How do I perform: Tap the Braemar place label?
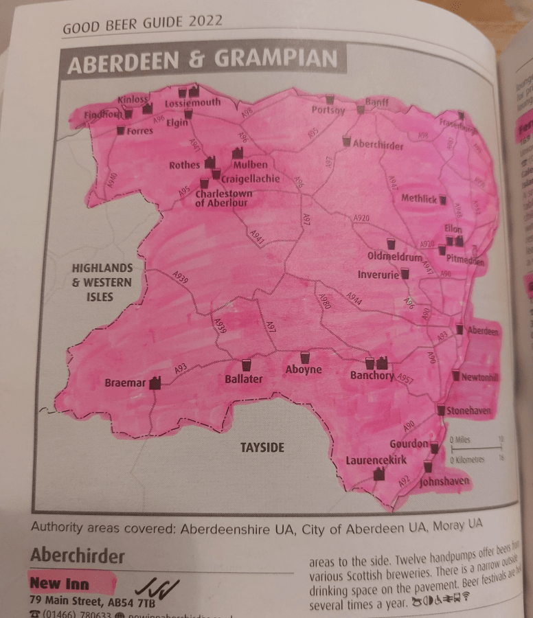[x=124, y=383]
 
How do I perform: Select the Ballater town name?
[x=244, y=378]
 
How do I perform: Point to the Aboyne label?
[x=303, y=370]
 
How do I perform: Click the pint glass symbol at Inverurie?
[x=405, y=274]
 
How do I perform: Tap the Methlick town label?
[x=419, y=199]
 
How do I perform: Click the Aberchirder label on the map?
[x=377, y=145]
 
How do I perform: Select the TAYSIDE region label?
[x=262, y=448]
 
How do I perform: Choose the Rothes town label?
[x=184, y=165]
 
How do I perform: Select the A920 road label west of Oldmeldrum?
[x=361, y=218]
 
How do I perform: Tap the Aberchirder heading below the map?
[x=78, y=555]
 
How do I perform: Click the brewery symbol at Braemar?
[x=155, y=382]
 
